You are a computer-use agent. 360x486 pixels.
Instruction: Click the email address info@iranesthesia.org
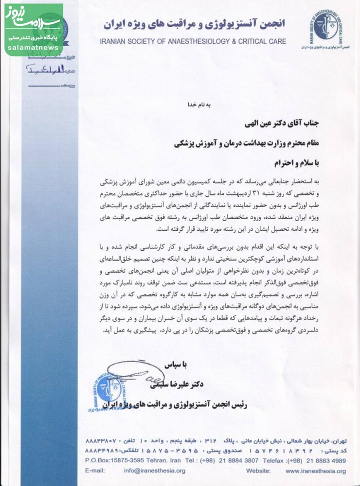[154, 470]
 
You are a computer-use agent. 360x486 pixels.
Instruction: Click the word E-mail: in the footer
[95, 470]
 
